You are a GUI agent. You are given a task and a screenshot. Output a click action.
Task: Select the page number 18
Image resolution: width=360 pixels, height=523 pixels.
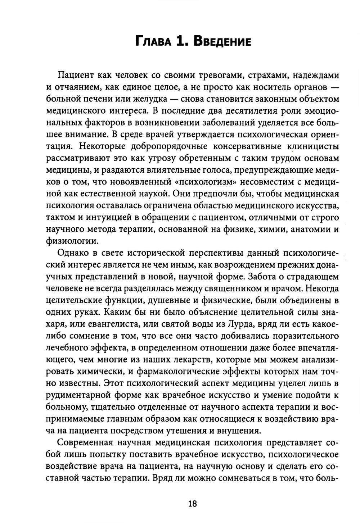[192, 504]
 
